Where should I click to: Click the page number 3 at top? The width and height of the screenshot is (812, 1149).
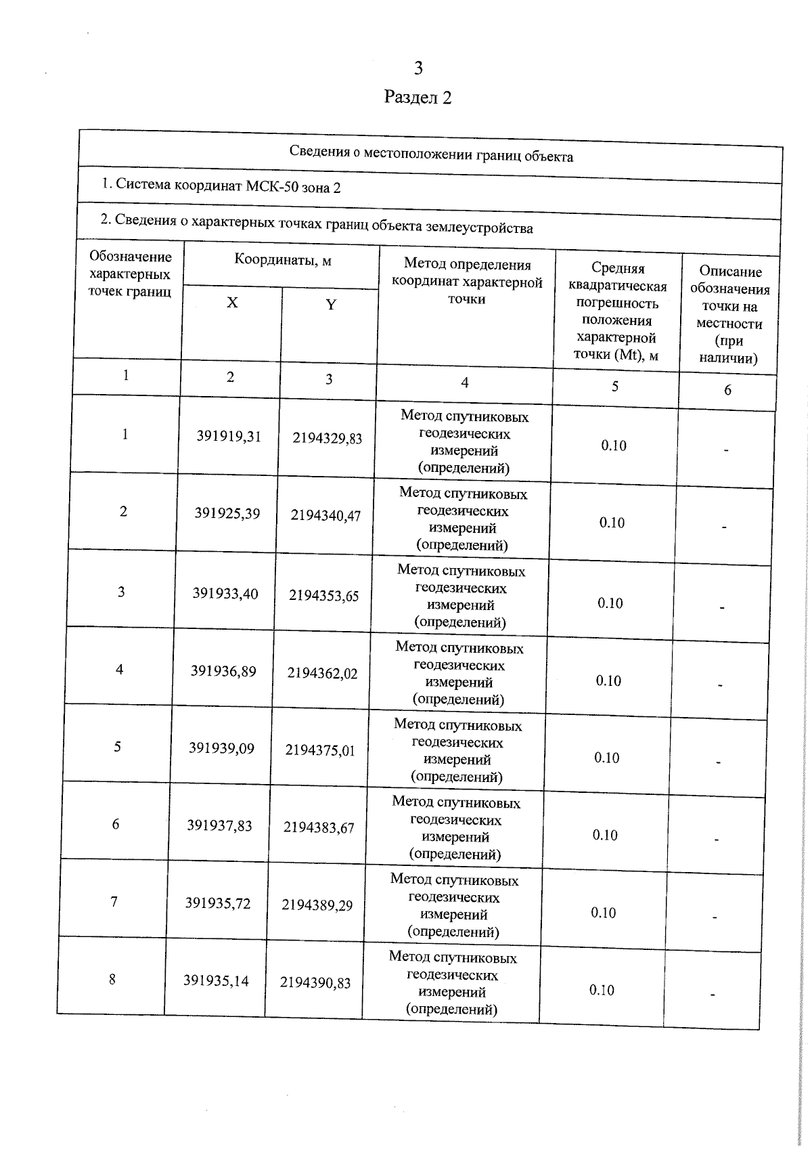[x=418, y=68]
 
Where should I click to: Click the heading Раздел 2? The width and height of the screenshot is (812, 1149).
[x=418, y=97]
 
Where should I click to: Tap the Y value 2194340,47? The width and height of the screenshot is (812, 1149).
[x=326, y=515]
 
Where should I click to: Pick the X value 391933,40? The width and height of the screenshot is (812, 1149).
[x=225, y=594]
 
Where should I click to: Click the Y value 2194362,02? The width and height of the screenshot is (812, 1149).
[x=322, y=673]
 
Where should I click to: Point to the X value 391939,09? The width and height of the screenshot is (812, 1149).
[x=221, y=748]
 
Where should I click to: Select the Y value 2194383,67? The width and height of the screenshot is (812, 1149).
[x=319, y=827]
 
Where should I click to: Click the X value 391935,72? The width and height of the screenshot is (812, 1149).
[x=218, y=903]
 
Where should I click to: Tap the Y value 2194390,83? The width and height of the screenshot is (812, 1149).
[x=315, y=982]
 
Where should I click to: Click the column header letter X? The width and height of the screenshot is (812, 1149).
[x=232, y=303]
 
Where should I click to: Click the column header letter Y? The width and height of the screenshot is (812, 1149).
[x=331, y=305]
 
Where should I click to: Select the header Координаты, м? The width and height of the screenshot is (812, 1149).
[x=283, y=260]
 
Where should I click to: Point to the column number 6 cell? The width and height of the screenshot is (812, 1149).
[x=727, y=390]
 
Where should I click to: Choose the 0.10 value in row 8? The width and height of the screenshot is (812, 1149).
[x=602, y=990]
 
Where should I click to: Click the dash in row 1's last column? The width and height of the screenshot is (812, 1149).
[x=725, y=450]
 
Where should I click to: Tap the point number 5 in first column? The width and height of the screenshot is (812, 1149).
[x=118, y=746]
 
